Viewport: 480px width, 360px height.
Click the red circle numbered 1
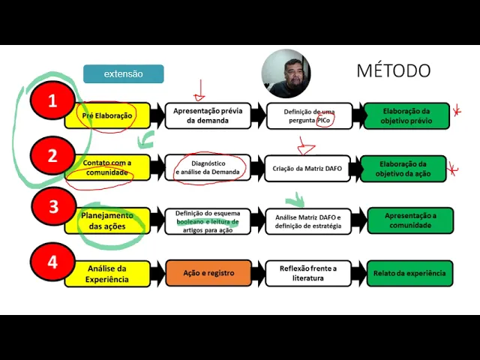(52, 103)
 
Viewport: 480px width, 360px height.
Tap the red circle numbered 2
(52, 156)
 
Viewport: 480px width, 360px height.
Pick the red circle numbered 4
(52, 262)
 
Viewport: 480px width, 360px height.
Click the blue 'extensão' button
(124, 73)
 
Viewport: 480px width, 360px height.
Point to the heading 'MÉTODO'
(393, 70)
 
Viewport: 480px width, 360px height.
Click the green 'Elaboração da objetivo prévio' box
(406, 115)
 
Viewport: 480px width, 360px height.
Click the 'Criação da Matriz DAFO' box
(307, 169)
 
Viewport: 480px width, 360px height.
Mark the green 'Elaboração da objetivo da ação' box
(402, 169)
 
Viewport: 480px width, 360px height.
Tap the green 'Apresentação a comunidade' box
(409, 220)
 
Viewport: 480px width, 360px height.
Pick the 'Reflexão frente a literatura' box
(308, 273)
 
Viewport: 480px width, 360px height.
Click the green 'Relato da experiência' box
(409, 273)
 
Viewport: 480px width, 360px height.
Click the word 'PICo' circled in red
(324, 121)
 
